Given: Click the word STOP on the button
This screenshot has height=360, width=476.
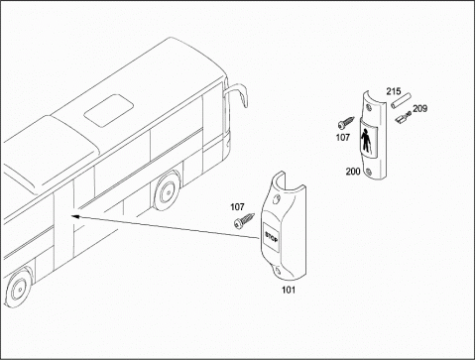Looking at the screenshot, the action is [272, 237].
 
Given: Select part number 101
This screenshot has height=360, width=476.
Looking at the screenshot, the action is [289, 290].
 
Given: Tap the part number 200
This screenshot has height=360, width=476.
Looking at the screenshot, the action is [353, 172].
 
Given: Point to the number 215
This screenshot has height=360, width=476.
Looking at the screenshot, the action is [394, 91].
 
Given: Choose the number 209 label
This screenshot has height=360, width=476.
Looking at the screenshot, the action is [419, 108].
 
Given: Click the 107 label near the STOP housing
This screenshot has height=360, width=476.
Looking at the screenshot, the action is [237, 207].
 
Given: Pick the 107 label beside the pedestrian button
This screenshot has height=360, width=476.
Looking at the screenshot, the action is [343, 137].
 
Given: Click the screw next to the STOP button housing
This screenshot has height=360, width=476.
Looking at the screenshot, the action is [244, 221].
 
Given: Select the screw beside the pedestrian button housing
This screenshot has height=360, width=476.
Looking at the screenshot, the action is [346, 123].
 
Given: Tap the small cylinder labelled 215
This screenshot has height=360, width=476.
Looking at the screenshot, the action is [401, 101].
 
